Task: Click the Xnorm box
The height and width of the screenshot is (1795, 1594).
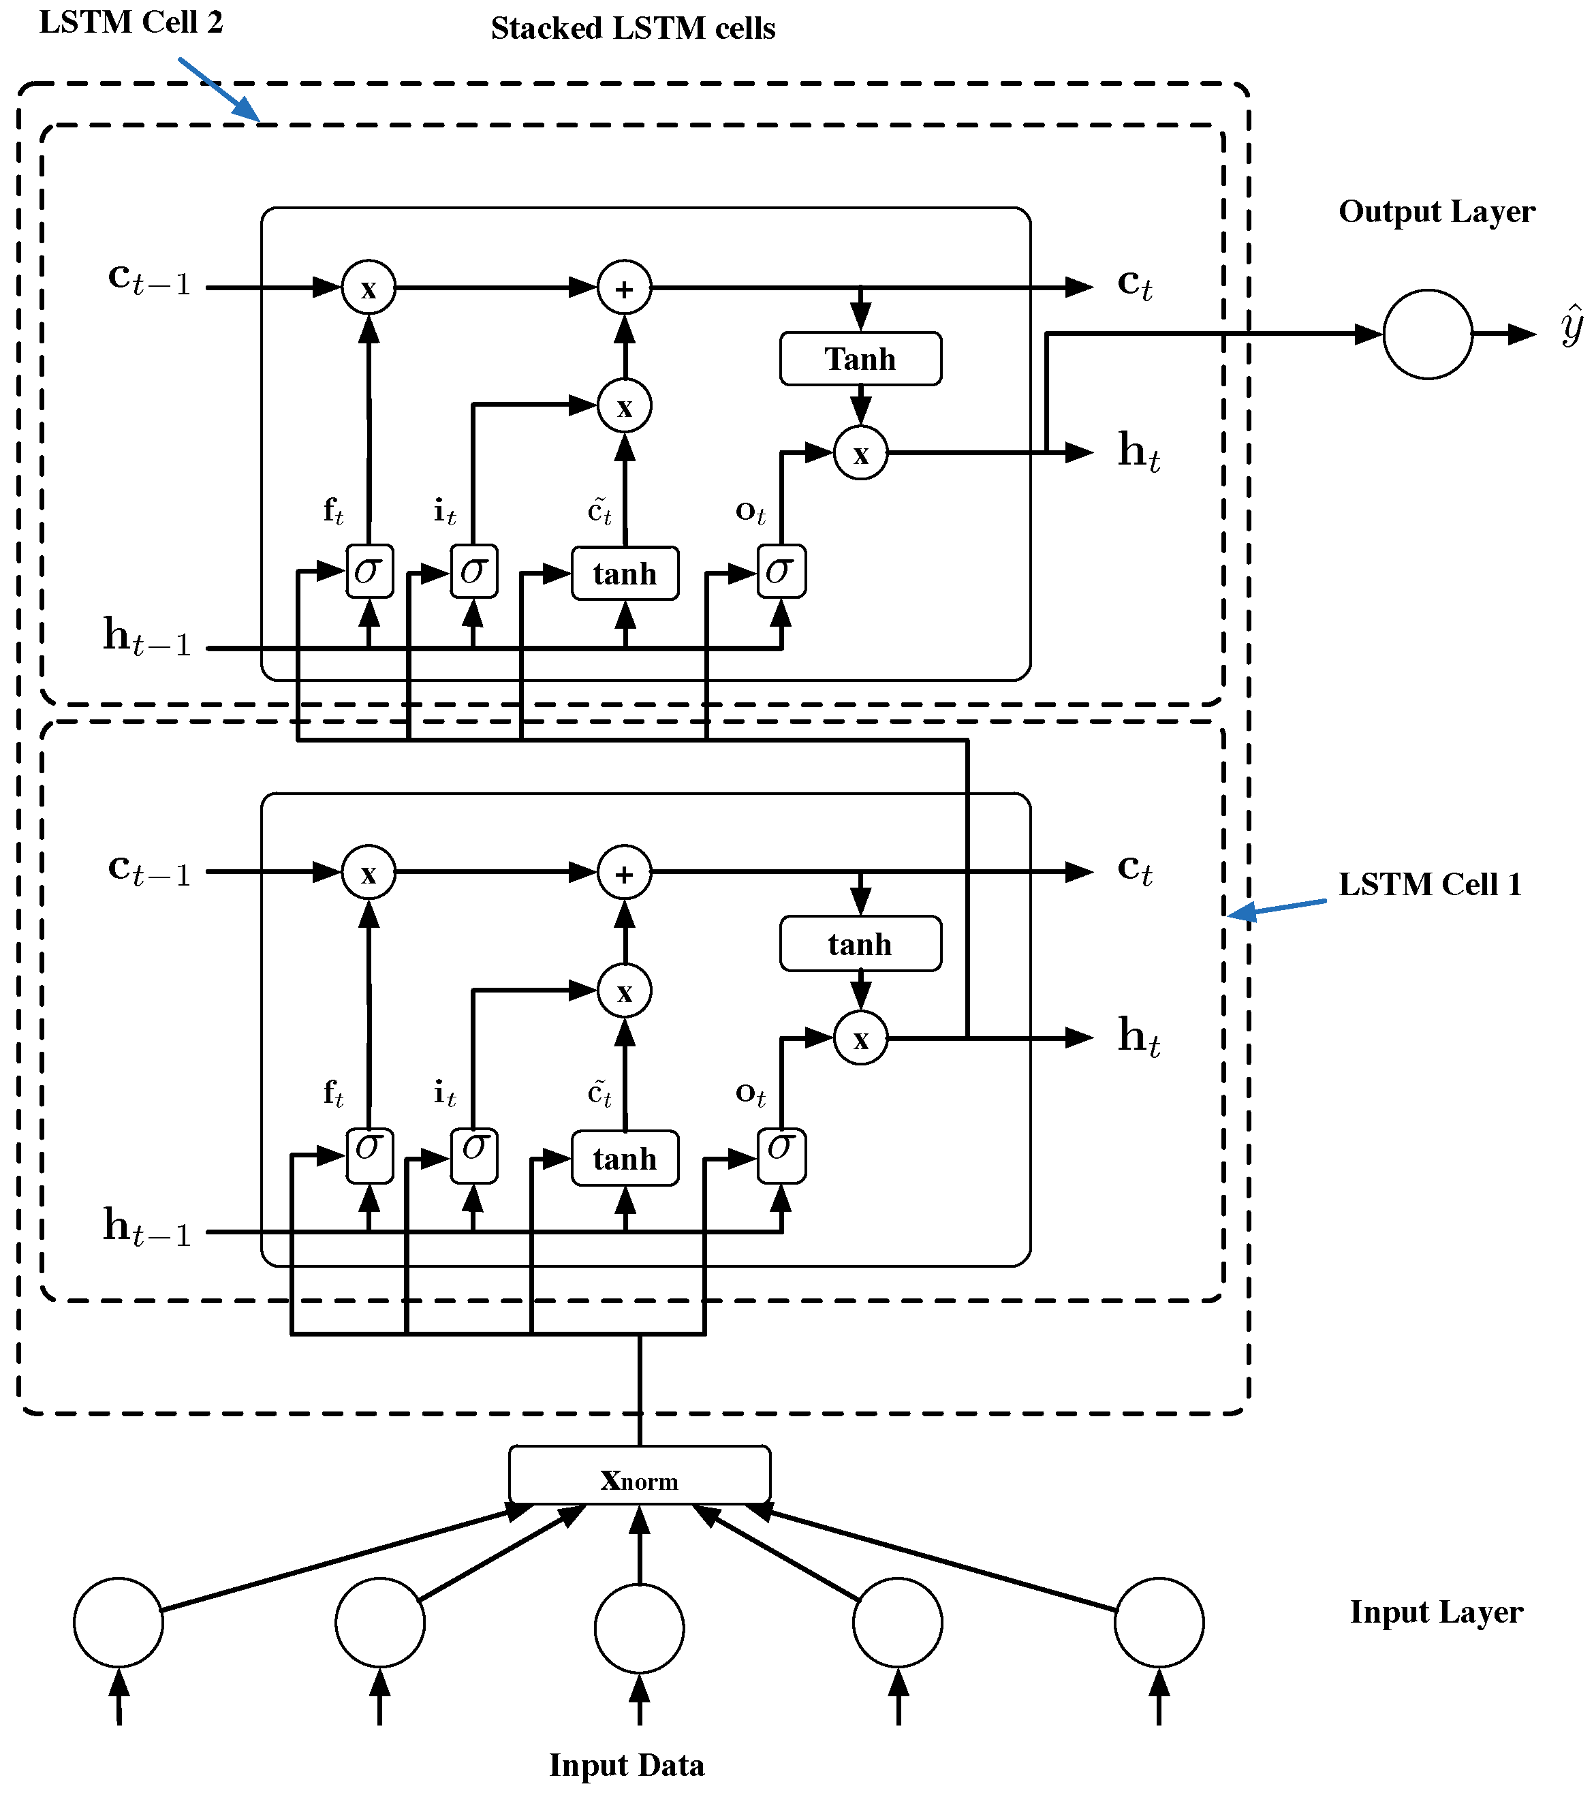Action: (640, 1480)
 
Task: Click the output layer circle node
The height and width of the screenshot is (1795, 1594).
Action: (1427, 334)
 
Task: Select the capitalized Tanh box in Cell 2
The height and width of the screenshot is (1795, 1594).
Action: (860, 358)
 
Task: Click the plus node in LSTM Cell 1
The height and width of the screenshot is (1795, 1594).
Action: (625, 873)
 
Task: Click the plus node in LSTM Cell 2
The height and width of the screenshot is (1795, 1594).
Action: (625, 288)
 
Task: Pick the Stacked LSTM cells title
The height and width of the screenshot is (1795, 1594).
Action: (632, 28)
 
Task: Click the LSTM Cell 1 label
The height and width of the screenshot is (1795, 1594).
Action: (1429, 884)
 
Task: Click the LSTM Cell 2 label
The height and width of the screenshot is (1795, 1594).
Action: (131, 22)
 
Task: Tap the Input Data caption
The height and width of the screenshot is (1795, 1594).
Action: (626, 1764)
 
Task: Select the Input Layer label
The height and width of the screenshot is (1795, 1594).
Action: (1436, 1612)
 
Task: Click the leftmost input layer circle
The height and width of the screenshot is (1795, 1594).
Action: (119, 1622)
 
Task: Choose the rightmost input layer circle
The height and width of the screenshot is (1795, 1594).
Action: (1159, 1622)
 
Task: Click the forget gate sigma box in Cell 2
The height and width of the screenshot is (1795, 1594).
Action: (369, 572)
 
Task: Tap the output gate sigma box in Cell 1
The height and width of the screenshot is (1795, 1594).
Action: (781, 1157)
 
